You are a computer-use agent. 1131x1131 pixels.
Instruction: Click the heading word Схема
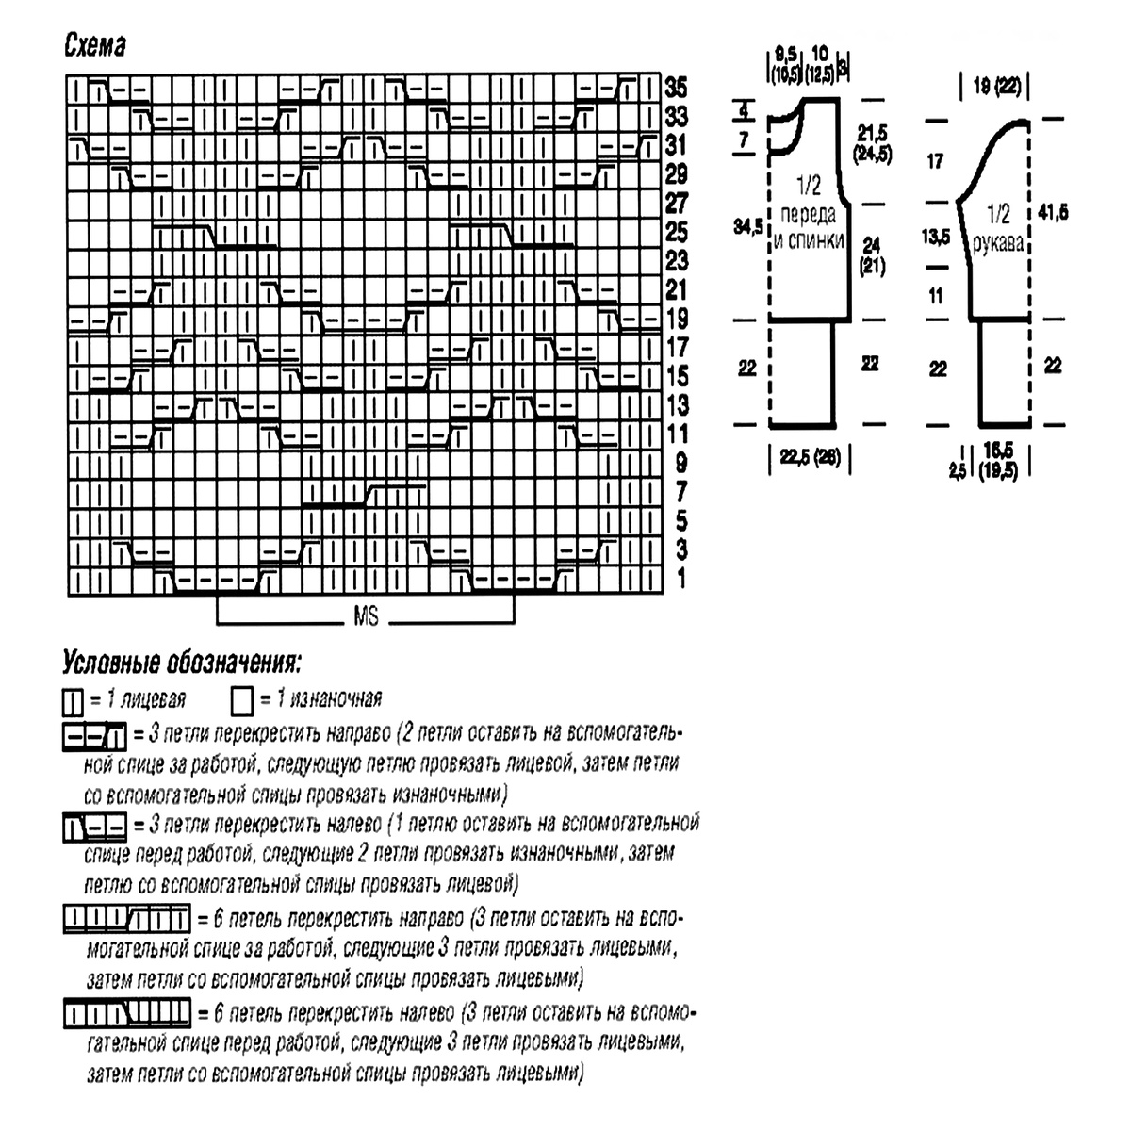coord(95,46)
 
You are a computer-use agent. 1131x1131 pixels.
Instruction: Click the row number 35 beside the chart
coord(676,89)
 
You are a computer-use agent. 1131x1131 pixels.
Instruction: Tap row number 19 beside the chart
coord(676,319)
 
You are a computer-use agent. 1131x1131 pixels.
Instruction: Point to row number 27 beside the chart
coord(676,204)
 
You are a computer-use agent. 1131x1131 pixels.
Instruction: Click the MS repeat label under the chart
coord(366,618)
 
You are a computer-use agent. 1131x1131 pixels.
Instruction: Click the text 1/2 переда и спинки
coord(808,215)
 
